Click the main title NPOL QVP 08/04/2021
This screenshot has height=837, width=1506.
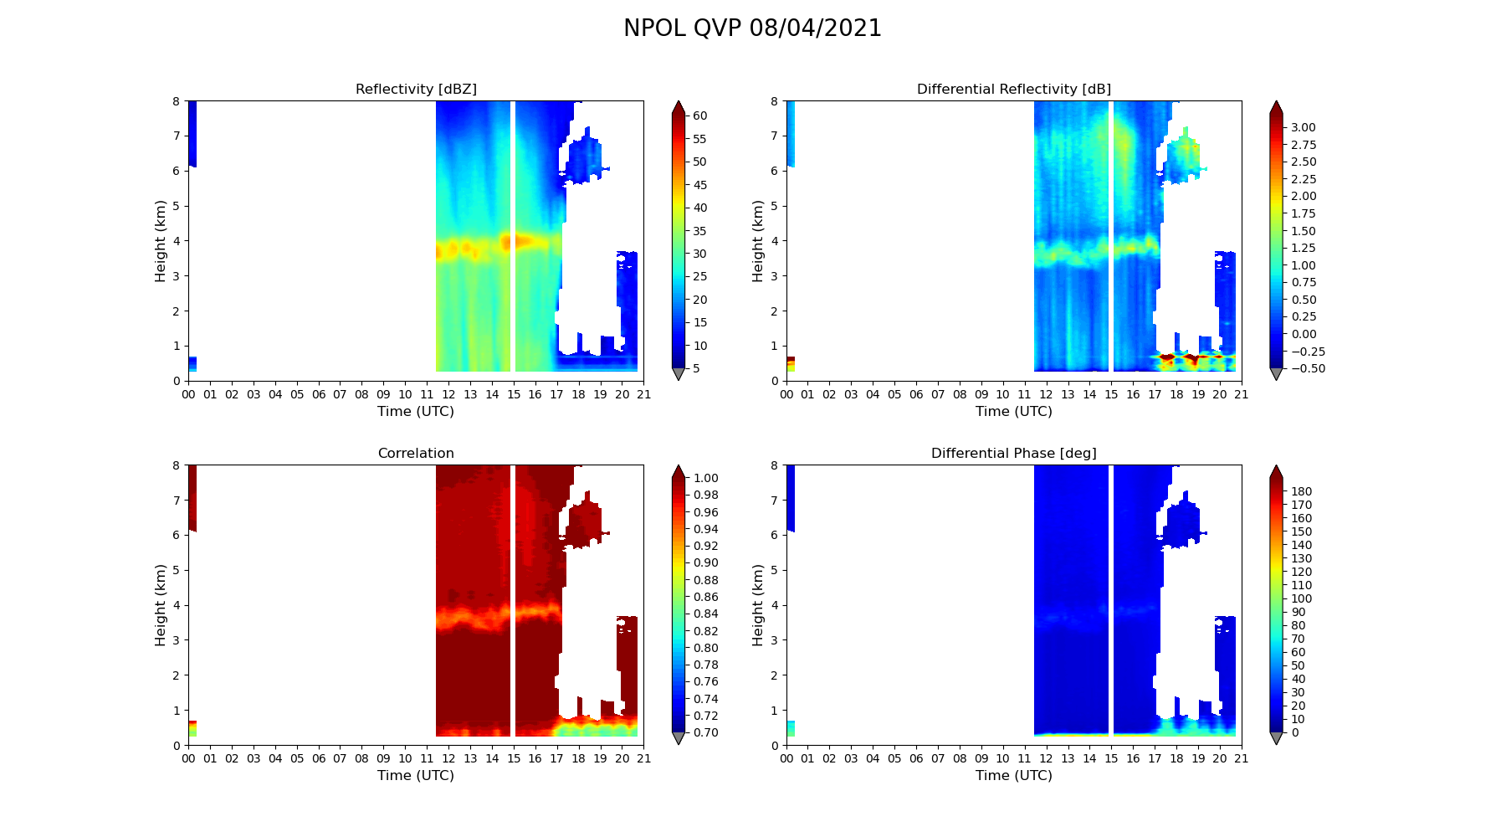(x=752, y=28)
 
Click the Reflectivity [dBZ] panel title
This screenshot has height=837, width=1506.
(x=416, y=90)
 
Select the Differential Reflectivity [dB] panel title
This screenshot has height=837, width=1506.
(x=1013, y=90)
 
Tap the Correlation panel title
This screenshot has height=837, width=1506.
(x=416, y=454)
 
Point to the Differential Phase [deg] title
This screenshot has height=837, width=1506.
(x=1013, y=454)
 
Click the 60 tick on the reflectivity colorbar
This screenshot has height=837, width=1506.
(x=699, y=116)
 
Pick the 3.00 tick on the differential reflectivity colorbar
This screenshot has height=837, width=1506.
(x=1303, y=127)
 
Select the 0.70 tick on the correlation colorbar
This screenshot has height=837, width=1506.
(x=705, y=732)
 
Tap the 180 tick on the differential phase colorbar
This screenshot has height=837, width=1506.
(x=1301, y=491)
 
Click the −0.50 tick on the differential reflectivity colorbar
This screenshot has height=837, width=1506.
(x=1306, y=368)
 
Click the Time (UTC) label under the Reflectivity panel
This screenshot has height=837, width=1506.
(x=416, y=412)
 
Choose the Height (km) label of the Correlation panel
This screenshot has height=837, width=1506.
(x=161, y=605)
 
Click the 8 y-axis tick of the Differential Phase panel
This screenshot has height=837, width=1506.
(x=774, y=465)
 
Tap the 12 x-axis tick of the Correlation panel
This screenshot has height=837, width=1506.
(x=448, y=759)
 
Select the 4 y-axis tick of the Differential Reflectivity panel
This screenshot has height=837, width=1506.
(x=774, y=241)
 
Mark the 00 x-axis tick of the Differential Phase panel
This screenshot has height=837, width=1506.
(x=786, y=759)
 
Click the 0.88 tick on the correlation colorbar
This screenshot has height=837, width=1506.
(x=705, y=580)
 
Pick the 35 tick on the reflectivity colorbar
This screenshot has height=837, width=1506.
(x=699, y=231)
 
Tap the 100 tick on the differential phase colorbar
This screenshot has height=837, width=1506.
(x=1301, y=598)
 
